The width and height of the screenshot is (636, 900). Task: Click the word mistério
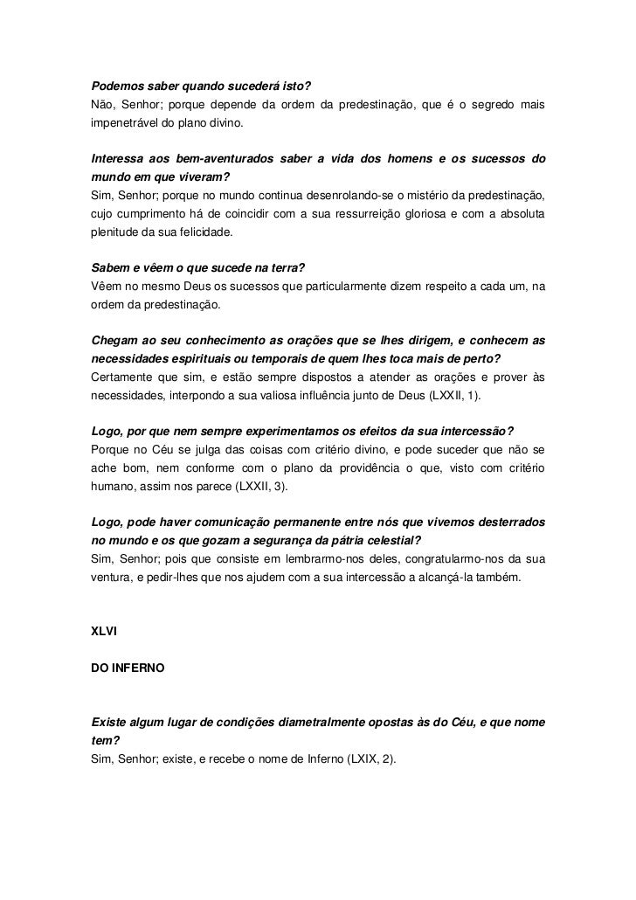[428, 196]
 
